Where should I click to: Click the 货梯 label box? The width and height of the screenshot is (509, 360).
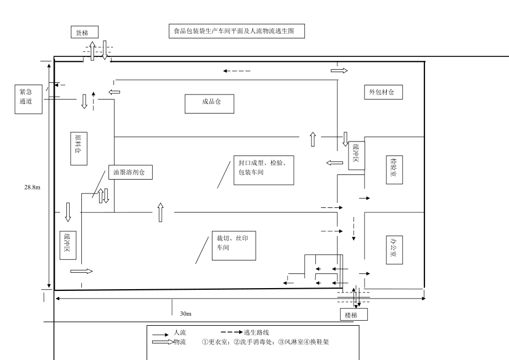[85, 32]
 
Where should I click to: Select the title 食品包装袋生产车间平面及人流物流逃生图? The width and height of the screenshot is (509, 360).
[237, 31]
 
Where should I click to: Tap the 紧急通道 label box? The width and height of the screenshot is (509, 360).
[29, 99]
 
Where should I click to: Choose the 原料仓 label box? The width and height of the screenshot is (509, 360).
[79, 149]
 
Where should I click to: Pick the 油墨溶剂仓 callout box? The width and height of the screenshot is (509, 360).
[131, 172]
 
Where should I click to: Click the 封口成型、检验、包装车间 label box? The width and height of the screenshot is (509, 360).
[264, 170]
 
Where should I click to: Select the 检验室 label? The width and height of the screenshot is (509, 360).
[394, 170]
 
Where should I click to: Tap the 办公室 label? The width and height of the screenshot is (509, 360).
[394, 250]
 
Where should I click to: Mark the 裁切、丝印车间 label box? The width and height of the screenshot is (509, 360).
[234, 246]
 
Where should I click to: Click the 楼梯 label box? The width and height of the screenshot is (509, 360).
[354, 315]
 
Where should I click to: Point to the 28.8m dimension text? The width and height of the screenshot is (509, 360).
[33, 187]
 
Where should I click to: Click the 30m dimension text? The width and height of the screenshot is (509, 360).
[186, 314]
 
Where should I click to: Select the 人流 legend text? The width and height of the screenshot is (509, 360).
[180, 332]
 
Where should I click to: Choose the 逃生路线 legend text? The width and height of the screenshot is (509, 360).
[257, 332]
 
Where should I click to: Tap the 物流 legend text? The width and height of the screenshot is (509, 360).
[180, 342]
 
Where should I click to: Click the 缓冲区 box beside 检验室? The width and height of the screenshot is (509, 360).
[356, 155]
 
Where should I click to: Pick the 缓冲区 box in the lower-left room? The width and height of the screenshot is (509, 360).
[68, 246]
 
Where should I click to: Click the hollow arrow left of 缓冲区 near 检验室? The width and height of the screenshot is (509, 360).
[335, 163]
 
